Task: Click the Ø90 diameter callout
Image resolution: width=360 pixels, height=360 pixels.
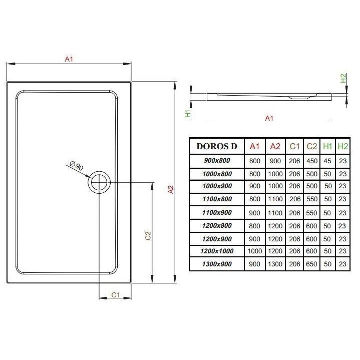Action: click(x=77, y=166)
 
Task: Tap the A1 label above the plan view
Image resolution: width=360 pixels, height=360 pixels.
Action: click(x=69, y=59)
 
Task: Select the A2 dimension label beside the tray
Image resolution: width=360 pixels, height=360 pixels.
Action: click(x=171, y=189)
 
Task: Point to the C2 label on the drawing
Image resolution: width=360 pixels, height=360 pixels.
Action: click(x=148, y=235)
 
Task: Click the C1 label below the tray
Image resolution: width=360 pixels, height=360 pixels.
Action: click(x=116, y=295)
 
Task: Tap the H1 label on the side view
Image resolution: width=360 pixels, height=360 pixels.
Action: click(x=188, y=114)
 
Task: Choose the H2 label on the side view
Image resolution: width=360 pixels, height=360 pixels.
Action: click(x=343, y=78)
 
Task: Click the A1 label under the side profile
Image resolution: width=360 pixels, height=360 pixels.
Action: click(x=269, y=118)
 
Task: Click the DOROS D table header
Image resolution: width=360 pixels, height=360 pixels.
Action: click(x=217, y=147)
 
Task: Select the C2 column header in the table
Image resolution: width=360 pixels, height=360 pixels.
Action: click(x=312, y=146)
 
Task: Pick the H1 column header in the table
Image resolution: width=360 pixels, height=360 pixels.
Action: click(x=327, y=146)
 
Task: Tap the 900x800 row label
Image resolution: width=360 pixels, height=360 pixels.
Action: click(x=217, y=161)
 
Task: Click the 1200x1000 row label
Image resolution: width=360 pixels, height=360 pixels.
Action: click(x=217, y=251)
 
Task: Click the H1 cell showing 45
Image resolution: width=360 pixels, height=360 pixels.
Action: click(x=327, y=161)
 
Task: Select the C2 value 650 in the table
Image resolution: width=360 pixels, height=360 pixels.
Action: click(x=311, y=264)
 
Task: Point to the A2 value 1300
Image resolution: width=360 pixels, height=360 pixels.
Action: click(x=275, y=264)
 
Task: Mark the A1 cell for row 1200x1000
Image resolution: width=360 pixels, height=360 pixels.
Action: click(x=255, y=251)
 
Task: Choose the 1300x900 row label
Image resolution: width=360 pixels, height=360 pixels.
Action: click(x=217, y=264)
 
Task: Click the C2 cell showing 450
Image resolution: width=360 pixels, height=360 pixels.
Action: click(x=312, y=161)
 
